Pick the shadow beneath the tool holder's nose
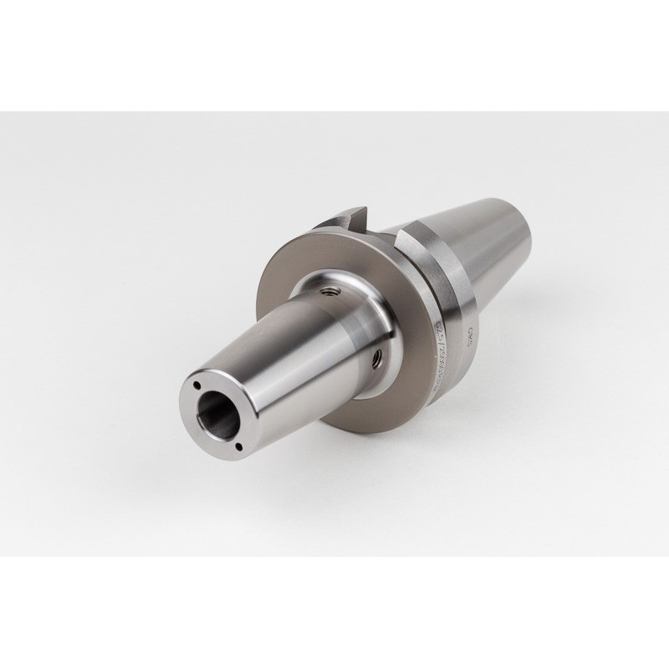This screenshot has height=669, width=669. (x=251, y=485)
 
